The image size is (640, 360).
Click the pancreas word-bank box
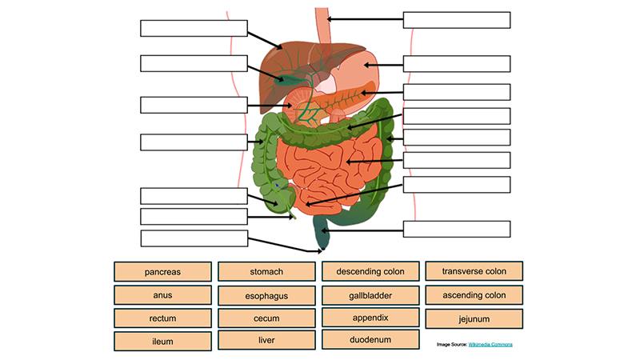coord(162,272)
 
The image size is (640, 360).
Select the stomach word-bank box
coord(266,272)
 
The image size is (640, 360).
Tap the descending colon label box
coord(370,272)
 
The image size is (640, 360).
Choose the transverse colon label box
coord(474,272)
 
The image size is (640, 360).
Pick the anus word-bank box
coord(162,295)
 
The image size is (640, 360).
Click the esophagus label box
coord(266,296)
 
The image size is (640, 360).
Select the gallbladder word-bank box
coord(370,295)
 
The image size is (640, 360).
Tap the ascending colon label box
coord(474,295)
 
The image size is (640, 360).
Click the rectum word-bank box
coord(162,318)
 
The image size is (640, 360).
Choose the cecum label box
coord(266,318)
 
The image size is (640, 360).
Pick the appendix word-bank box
coord(370,318)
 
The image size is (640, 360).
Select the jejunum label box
coord(474,319)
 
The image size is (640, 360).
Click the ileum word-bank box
coord(162,342)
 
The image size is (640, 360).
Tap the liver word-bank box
coord(266,341)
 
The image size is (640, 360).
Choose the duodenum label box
coord(370,340)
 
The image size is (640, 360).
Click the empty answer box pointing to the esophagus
coord(456,20)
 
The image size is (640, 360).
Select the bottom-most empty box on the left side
coord(194,238)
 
